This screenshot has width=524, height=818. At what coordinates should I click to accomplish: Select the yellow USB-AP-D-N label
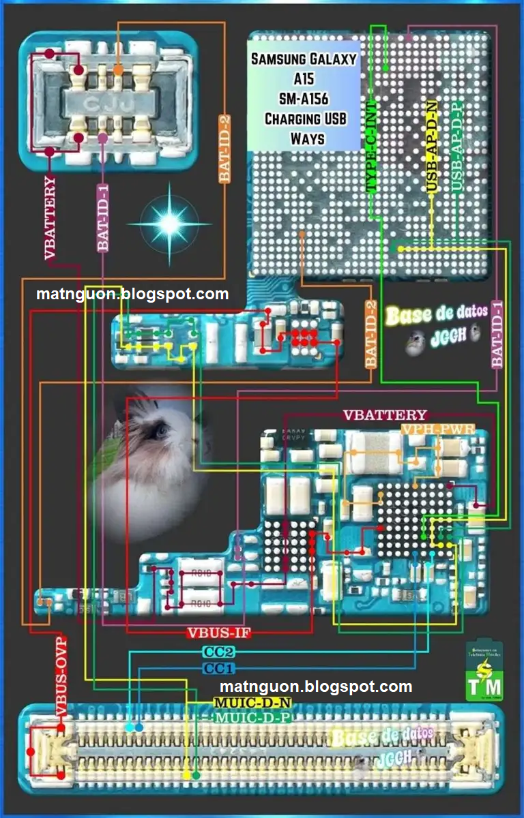click(431, 146)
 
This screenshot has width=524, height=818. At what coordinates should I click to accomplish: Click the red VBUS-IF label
click(219, 633)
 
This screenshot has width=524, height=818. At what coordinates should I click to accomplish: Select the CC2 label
click(219, 652)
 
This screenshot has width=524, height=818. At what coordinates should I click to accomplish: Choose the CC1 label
click(219, 667)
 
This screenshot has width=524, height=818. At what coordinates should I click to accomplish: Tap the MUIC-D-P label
click(252, 718)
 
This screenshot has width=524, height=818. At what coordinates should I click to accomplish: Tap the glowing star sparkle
click(169, 222)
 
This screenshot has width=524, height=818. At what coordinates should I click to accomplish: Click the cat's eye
click(161, 431)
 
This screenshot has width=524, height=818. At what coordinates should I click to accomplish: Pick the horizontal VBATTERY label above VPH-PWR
click(385, 414)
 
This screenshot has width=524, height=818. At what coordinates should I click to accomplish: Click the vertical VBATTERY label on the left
click(51, 218)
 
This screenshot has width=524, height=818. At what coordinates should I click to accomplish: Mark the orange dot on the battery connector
click(118, 70)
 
